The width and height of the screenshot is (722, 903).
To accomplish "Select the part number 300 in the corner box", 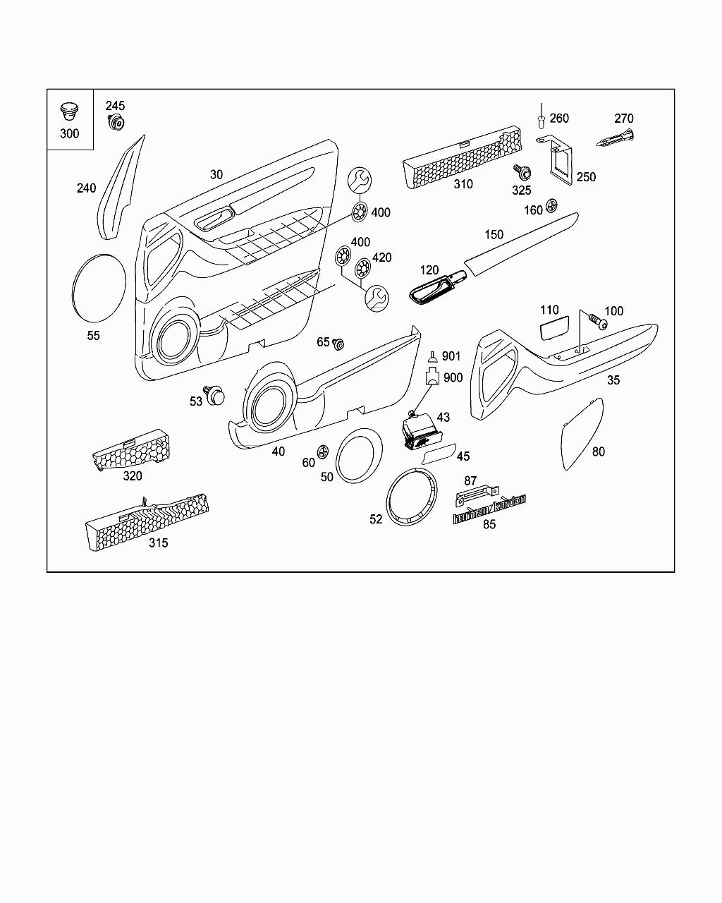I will [x=69, y=133].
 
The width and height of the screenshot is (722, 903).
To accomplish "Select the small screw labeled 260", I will [x=541, y=121].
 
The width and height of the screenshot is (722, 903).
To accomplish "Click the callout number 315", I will [x=158, y=543].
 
